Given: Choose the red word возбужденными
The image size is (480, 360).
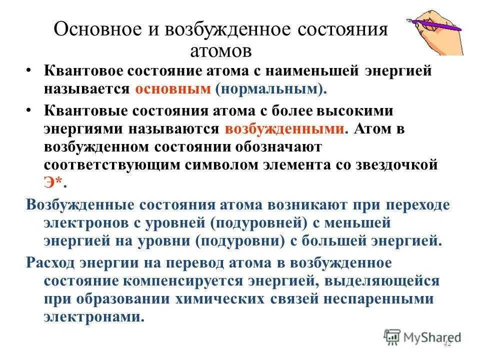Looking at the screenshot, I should point(284,128).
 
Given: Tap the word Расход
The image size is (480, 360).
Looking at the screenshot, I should point(51,262).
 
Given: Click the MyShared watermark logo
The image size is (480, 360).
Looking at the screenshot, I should point(422,336).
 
